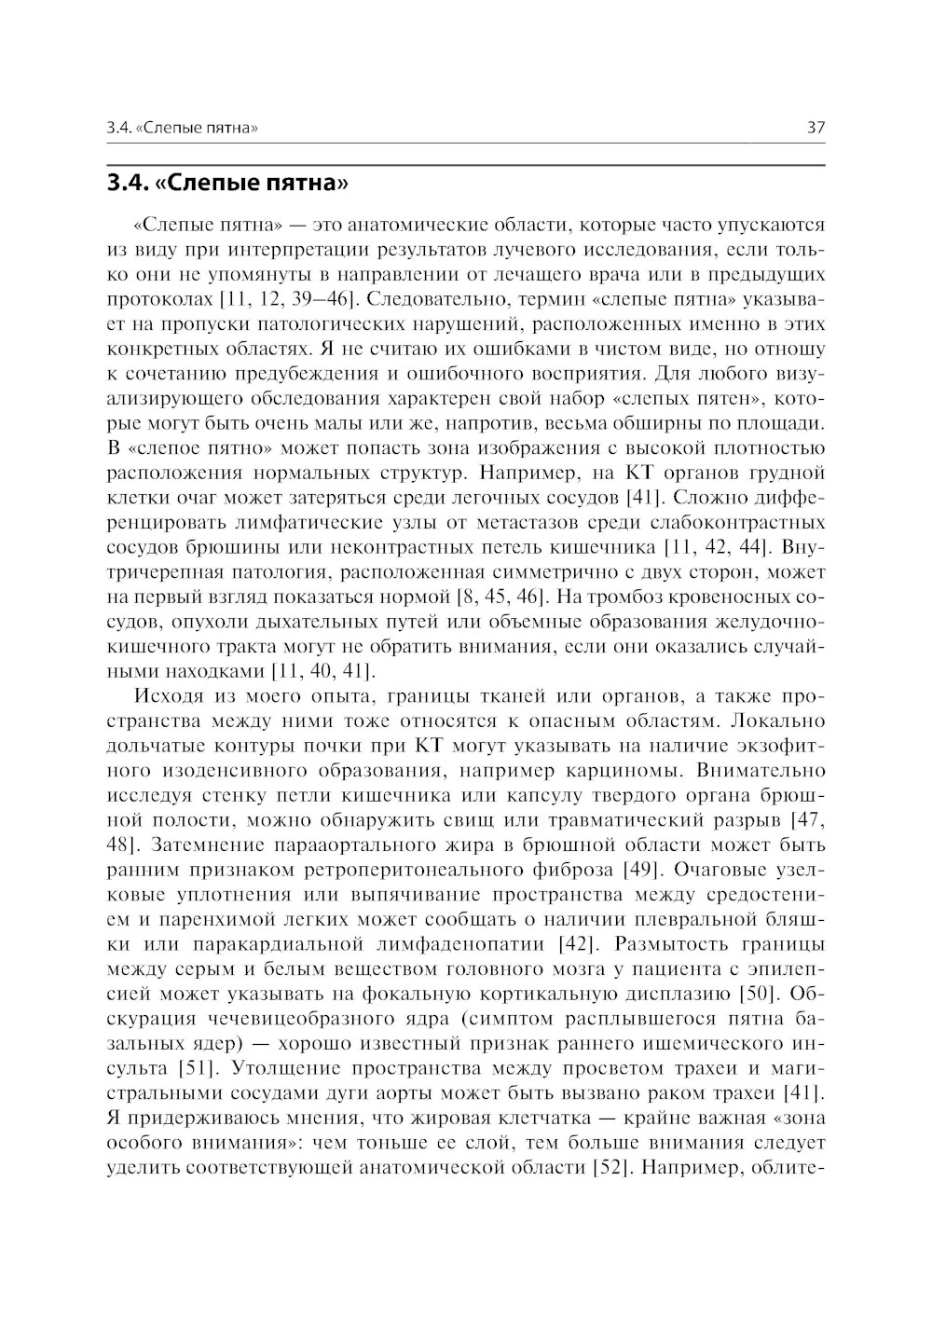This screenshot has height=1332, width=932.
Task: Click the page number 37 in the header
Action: pyautogui.click(x=815, y=128)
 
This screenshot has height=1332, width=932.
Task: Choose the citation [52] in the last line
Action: pyautogui.click(x=612, y=1166)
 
